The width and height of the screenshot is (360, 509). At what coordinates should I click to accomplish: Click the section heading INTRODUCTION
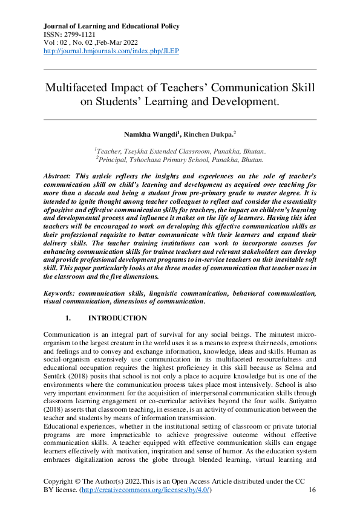pyautogui.click(x=117, y=318)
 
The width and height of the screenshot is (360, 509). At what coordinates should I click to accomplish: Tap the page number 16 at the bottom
pyautogui.click(x=312, y=490)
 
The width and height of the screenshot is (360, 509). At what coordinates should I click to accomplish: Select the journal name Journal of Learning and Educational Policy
pyautogui.click(x=111, y=27)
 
